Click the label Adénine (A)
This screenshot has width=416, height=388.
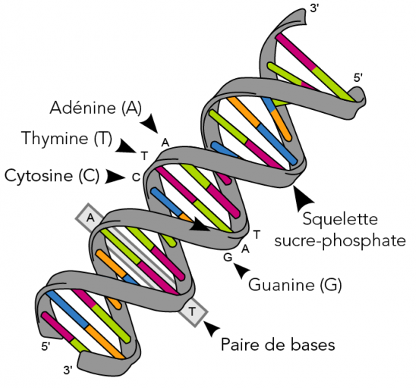click(96, 108)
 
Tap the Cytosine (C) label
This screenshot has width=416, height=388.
click(52, 176)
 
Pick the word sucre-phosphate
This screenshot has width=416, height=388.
click(350, 241)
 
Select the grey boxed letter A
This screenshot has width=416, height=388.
click(90, 217)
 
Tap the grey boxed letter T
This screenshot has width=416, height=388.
click(193, 311)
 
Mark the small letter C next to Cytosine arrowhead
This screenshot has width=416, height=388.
click(136, 177)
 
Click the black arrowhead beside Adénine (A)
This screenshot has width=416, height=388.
click(154, 122)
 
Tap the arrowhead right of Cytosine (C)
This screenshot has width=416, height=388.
click(115, 177)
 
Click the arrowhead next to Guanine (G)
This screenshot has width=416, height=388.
click(241, 269)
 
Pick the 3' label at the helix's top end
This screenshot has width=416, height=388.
click(314, 10)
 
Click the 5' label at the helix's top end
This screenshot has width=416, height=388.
click(358, 77)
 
